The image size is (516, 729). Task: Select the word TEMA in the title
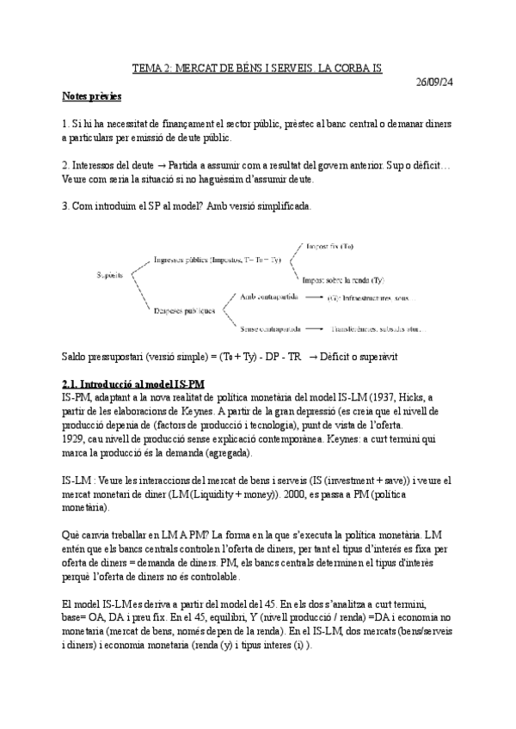[x=147, y=67]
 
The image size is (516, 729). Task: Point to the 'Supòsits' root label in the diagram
[x=110, y=276]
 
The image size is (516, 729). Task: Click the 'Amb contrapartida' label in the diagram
[x=269, y=297]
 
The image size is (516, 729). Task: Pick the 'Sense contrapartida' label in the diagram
[x=272, y=328]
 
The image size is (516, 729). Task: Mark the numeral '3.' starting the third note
[x=66, y=206]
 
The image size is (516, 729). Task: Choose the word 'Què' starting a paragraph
[x=72, y=536]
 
